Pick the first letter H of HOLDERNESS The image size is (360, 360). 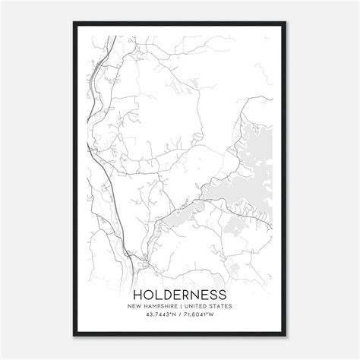pos(137,294)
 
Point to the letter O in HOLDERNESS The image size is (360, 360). pos(147,294)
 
